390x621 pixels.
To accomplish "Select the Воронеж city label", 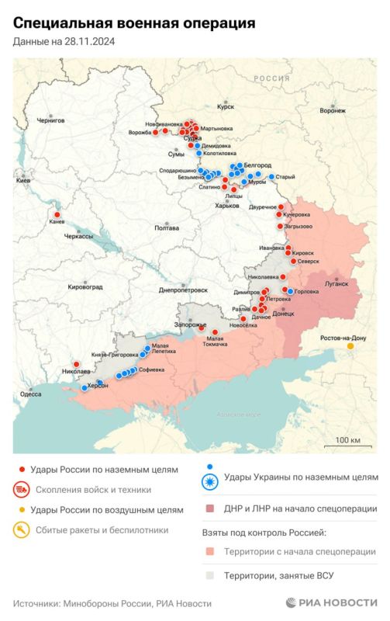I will [332, 110].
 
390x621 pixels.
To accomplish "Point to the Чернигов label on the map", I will [52, 121].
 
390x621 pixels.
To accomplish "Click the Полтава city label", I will [167, 228].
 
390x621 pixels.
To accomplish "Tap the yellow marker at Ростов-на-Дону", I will [350, 346].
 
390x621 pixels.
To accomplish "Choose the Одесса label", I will [31, 394].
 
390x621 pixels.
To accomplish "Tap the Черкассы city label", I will [78, 235].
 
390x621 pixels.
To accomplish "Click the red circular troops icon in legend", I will [22, 490].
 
